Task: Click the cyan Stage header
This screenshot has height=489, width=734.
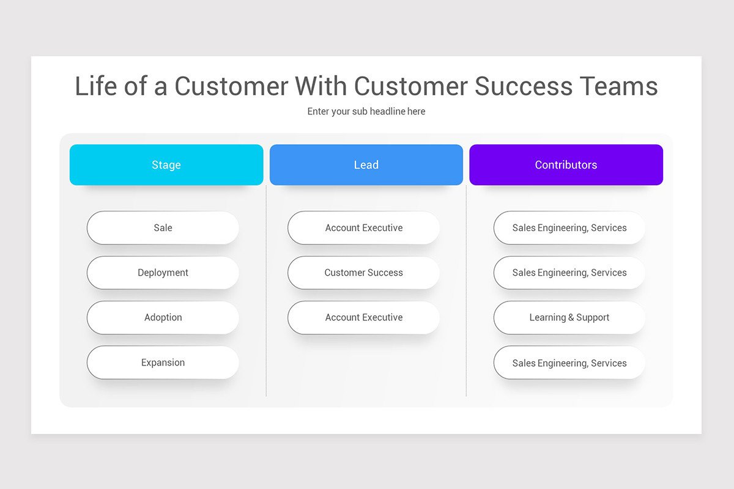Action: click(x=166, y=165)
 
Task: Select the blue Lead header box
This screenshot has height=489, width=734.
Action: click(x=366, y=165)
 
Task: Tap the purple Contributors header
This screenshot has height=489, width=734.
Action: click(x=566, y=165)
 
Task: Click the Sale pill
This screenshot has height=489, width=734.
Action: click(x=163, y=228)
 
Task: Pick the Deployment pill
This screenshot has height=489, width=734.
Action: click(x=163, y=273)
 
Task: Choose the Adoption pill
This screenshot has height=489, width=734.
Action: click(x=163, y=317)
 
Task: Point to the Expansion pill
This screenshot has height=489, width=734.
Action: click(x=163, y=362)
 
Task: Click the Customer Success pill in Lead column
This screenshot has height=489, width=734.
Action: click(x=363, y=273)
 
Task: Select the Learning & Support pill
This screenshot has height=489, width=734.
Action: click(x=569, y=317)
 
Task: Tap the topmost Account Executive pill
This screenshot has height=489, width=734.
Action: click(x=363, y=228)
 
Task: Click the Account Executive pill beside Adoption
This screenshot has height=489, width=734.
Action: click(x=363, y=317)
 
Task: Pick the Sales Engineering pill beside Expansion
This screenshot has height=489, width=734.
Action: click(x=569, y=362)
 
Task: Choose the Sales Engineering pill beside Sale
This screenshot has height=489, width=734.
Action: click(x=569, y=228)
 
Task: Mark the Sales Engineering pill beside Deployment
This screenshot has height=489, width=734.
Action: click(x=569, y=273)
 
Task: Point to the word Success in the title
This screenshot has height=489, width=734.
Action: click(x=522, y=86)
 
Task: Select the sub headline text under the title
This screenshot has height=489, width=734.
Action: click(x=366, y=111)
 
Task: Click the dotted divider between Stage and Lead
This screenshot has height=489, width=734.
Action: click(x=266, y=293)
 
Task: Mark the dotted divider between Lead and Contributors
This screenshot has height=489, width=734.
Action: click(x=466, y=293)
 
